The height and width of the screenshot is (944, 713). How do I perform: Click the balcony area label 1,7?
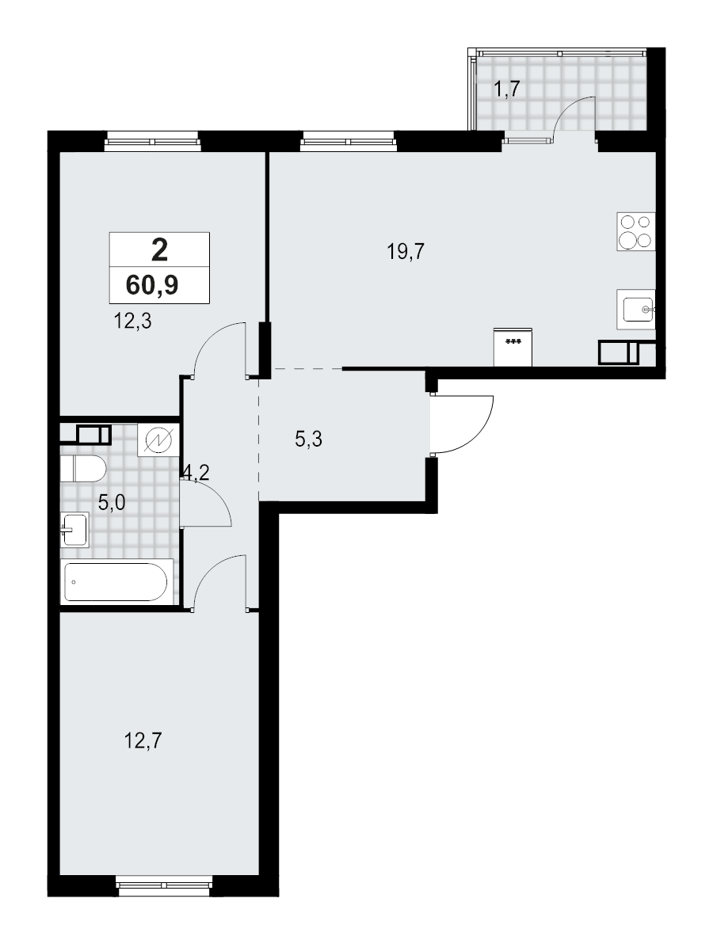[506, 89]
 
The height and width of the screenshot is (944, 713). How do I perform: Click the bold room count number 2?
[159, 250]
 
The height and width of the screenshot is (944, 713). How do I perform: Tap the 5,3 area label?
[308, 438]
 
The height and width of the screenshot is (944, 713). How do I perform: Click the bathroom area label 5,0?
[112, 501]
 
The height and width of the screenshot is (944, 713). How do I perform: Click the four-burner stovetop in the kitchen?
[635, 232]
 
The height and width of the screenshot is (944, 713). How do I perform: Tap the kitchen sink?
[638, 308]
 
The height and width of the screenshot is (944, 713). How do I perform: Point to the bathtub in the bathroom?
[116, 583]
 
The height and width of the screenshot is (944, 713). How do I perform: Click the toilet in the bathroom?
[82, 468]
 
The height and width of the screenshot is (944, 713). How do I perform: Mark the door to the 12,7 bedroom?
[219, 582]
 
